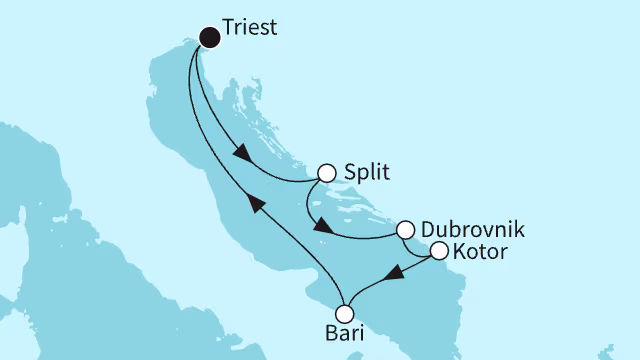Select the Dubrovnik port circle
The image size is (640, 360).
coord(406,230)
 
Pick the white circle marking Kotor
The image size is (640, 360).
coord(438,252)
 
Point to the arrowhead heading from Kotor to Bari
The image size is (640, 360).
coord(394,272)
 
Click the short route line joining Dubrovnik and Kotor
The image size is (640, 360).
coord(422,242)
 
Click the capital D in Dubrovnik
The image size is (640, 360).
coord(429,229)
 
